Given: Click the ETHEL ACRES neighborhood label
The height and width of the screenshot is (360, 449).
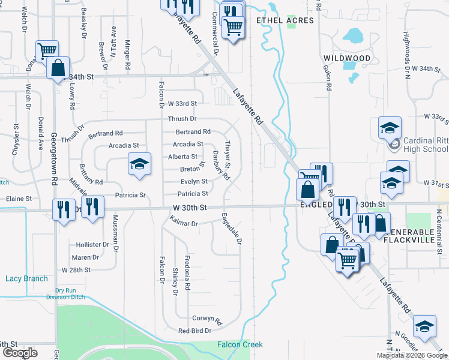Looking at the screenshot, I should (x=285, y=20).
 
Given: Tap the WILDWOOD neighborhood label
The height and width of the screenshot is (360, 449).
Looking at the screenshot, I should (x=347, y=58).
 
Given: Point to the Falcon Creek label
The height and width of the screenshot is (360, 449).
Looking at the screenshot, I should (x=240, y=344).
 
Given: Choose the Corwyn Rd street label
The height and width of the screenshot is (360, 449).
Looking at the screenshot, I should (x=207, y=319).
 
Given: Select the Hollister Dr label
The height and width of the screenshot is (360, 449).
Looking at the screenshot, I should (x=92, y=245).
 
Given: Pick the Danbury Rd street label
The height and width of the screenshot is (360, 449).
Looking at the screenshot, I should (x=221, y=166).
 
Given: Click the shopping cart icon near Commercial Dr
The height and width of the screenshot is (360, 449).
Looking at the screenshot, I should (x=232, y=27).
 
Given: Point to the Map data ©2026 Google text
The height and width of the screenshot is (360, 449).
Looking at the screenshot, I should (x=411, y=355).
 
